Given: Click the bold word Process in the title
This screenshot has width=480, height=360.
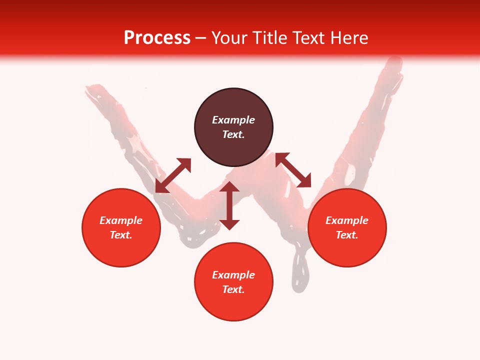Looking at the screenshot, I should (x=157, y=38).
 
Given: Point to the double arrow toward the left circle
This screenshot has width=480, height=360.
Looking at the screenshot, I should (x=173, y=175).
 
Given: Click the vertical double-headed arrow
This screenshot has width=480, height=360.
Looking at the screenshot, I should (x=229, y=205).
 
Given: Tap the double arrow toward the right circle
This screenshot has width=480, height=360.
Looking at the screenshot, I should (x=293, y=170).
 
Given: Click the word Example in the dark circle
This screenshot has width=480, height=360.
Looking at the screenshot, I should (x=233, y=120).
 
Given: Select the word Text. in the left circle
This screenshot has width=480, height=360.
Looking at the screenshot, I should (x=121, y=235).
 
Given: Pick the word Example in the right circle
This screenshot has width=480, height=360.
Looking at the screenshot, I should (x=347, y=220).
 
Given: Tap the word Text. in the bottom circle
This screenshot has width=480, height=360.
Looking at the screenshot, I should (x=233, y=289).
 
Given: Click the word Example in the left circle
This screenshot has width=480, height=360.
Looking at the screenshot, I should (x=121, y=220).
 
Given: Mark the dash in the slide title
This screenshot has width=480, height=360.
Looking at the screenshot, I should (x=201, y=38).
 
